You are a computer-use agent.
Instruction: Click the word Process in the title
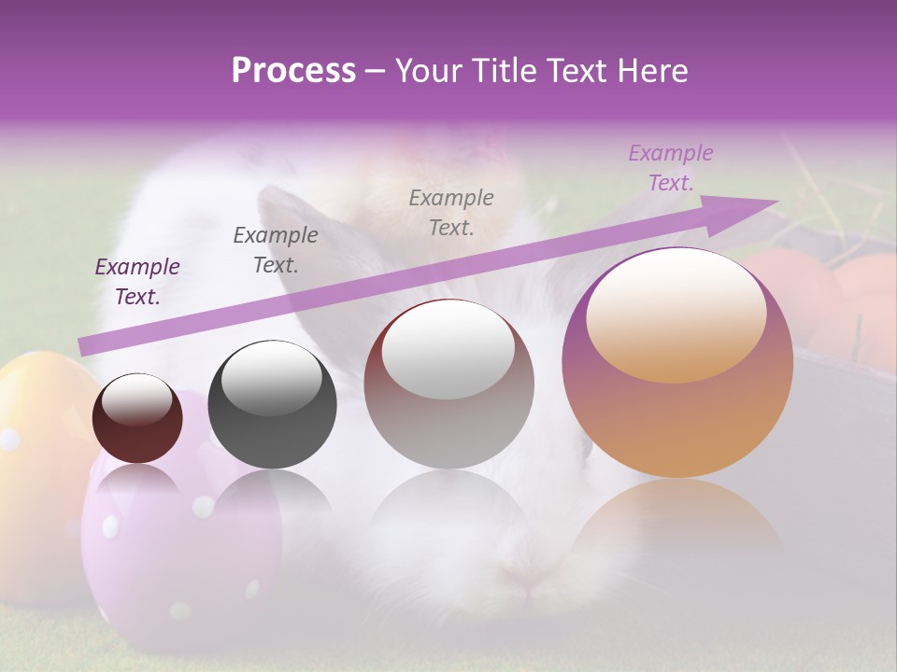click(293, 71)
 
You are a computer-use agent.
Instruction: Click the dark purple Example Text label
click(137, 282)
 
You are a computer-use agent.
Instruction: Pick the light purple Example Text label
click(670, 168)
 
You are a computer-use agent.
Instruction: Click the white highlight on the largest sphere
click(676, 317)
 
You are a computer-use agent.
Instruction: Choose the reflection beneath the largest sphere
click(677, 523)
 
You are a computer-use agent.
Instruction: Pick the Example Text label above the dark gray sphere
click(276, 250)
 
